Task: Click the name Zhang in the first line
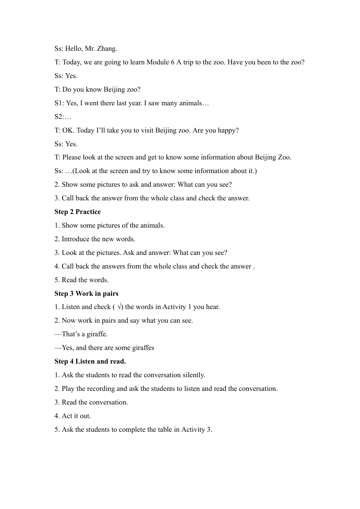[107, 48]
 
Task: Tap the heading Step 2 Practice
[78, 212]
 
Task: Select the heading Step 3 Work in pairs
[86, 294]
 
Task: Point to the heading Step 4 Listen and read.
[90, 361]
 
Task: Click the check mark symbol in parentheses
[119, 307]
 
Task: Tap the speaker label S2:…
[63, 117]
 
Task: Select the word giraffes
[142, 348]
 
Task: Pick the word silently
[194, 375]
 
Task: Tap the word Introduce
[75, 239]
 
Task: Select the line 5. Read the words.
[81, 280]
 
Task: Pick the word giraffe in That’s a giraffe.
[97, 334]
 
